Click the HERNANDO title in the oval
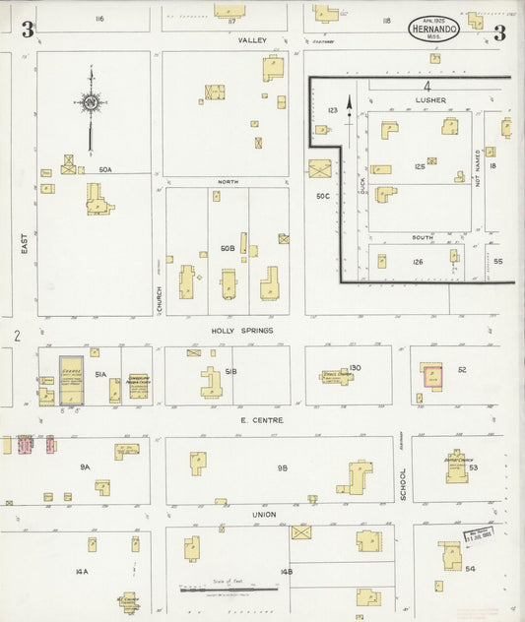pos(434,30)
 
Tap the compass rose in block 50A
pos(91,102)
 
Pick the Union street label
pos(263,515)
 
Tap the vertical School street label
pos(402,482)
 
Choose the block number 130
pos(355,367)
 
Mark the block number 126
pos(418,262)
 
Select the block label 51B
pos(230,373)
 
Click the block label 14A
pos(83,571)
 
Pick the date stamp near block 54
pos(479,536)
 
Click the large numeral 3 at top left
pos(27,31)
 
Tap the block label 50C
pos(321,197)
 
